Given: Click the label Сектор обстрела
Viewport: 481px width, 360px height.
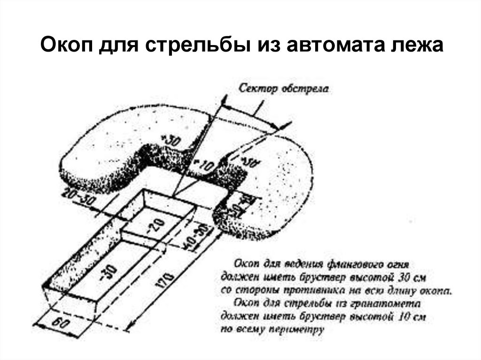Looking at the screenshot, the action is (284, 88).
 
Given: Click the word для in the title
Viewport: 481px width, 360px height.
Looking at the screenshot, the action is (123, 47).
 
